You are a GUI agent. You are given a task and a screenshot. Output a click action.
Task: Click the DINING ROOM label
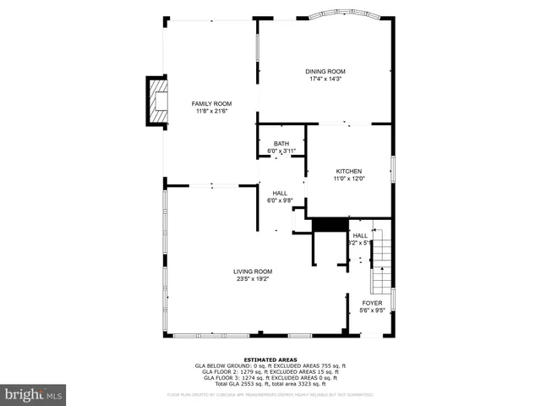325,71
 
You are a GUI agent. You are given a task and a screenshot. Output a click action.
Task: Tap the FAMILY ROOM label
211,103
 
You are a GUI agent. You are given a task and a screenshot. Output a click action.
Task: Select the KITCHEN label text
348,171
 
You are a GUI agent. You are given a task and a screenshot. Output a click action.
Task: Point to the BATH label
281,144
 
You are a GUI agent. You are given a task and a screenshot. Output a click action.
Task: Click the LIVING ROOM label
253,272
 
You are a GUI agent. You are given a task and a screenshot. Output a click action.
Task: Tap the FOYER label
372,303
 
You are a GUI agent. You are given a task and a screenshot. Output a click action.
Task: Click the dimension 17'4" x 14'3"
325,79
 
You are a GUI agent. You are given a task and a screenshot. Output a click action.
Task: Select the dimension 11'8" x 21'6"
211,111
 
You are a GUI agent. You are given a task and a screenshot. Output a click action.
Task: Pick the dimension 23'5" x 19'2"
253,279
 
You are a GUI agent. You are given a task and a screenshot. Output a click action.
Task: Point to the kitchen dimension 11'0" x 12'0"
348,178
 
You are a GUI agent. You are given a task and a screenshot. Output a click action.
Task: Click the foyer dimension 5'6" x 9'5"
372,310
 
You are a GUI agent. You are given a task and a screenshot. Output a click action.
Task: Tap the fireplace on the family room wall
157,101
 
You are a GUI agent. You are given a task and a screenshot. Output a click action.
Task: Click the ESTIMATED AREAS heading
270,359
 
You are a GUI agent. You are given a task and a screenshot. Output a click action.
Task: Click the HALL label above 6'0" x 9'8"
280,193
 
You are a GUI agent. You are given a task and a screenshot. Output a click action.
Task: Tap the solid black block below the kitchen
331,224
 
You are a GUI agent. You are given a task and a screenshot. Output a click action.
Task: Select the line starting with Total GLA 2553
270,383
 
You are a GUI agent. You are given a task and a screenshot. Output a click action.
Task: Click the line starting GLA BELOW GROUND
270,365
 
